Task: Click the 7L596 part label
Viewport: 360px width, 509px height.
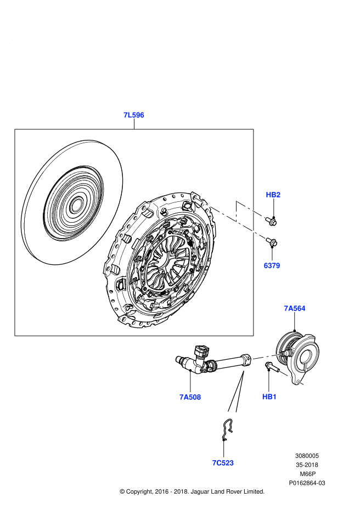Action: (x=133, y=115)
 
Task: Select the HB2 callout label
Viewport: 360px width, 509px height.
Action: (x=273, y=195)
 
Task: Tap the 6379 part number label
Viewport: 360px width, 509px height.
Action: (x=272, y=265)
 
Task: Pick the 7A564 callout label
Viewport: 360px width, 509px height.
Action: (x=294, y=308)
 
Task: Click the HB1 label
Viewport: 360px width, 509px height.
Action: (x=269, y=397)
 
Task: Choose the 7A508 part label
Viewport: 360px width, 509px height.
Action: (x=190, y=397)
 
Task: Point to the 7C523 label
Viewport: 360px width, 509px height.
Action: (x=223, y=463)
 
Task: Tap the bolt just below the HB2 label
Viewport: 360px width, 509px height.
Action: (x=271, y=220)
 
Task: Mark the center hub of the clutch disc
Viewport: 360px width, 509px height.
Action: (x=75, y=206)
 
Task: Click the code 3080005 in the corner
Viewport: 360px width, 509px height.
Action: (x=307, y=455)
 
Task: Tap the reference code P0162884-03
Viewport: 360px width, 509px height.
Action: (x=307, y=483)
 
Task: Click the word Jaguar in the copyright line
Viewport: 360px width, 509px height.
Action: (x=202, y=491)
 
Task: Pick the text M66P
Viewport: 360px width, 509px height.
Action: (x=307, y=474)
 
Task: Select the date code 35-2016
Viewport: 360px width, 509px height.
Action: (x=307, y=465)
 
